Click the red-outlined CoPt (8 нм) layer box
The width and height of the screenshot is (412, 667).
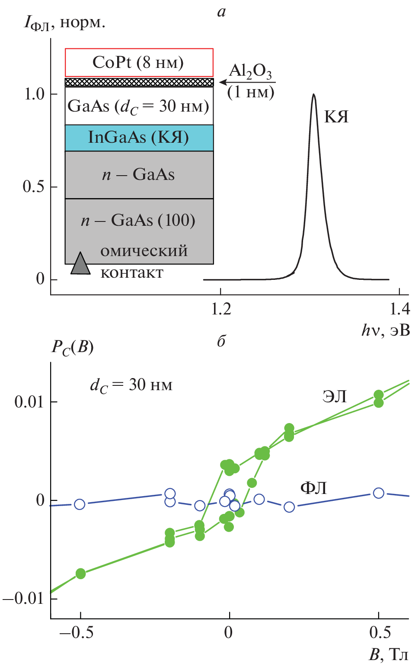(x=139, y=63)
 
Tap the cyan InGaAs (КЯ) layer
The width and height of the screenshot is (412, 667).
(x=139, y=138)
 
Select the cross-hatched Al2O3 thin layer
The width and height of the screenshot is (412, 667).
(x=139, y=82)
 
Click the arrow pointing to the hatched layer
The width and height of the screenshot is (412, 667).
(x=224, y=82)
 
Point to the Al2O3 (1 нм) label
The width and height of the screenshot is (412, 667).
(x=251, y=81)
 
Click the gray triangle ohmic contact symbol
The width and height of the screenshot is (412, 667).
(x=80, y=264)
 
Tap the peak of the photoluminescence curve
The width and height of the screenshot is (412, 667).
(x=313, y=95)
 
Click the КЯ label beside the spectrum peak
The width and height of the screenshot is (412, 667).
(x=336, y=117)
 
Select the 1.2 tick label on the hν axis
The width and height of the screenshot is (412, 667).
(x=221, y=308)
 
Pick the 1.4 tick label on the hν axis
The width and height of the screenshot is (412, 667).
(x=399, y=308)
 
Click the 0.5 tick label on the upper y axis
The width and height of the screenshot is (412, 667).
(x=34, y=186)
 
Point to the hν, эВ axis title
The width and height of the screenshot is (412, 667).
(x=385, y=330)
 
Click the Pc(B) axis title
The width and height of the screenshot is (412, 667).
(x=72, y=347)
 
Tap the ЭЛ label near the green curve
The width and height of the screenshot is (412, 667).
(x=335, y=396)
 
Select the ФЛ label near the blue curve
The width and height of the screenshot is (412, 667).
(x=313, y=488)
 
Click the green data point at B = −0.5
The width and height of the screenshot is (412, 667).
(x=80, y=574)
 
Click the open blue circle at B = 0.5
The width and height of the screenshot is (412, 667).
(x=378, y=493)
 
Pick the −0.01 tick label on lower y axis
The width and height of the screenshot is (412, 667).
(x=24, y=599)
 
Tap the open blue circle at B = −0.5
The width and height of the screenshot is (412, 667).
(x=80, y=504)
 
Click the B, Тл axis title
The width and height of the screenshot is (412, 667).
(x=388, y=654)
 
